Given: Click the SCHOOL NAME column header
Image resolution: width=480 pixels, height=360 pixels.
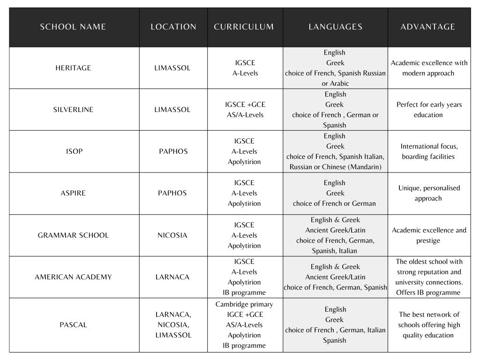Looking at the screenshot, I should tap(73, 27).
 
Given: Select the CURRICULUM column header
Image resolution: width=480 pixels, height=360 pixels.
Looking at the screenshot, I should tap(244, 27).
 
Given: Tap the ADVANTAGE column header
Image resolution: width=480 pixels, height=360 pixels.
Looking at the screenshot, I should tap(427, 27).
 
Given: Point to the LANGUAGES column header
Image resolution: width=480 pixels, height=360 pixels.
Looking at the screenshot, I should tap(335, 27).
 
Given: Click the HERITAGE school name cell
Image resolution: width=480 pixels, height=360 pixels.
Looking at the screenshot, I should tap(73, 68).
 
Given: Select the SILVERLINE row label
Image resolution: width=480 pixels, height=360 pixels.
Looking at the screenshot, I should tap(73, 110).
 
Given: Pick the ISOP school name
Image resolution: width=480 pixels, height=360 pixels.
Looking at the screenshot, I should tap(74, 151).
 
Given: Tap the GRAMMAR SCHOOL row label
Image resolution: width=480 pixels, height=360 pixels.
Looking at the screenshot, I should tap(73, 235).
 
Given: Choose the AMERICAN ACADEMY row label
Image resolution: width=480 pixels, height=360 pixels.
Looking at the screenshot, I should tap(73, 277).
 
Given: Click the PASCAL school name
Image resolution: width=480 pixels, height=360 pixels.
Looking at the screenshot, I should tap(73, 325).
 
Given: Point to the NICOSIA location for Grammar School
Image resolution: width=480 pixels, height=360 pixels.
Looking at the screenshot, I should tap(172, 235).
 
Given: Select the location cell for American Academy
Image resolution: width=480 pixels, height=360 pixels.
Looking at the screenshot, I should tap(172, 277).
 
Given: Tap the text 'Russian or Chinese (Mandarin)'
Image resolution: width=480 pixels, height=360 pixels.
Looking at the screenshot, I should tap(335, 167).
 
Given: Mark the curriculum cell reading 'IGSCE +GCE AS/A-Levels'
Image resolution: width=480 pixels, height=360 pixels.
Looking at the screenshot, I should tap(245, 110).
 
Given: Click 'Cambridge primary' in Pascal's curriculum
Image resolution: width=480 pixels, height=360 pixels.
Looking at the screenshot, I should tap(244, 304).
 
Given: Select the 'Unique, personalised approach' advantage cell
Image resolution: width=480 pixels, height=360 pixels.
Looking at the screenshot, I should tap(428, 193).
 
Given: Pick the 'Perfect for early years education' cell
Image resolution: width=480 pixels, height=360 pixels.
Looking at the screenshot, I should tap(428, 110).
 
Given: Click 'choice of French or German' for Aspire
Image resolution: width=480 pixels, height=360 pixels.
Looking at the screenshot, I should tap(334, 203).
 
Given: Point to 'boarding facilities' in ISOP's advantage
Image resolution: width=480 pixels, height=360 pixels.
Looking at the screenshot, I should tap(428, 157).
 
